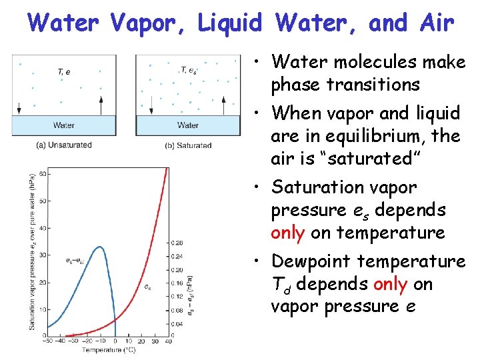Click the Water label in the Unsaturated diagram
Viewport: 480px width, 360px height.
(x=64, y=125)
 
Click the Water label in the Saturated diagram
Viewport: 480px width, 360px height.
(x=188, y=125)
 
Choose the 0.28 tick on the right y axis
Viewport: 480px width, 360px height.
(x=178, y=242)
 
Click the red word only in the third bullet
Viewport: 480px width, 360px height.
(x=288, y=233)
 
